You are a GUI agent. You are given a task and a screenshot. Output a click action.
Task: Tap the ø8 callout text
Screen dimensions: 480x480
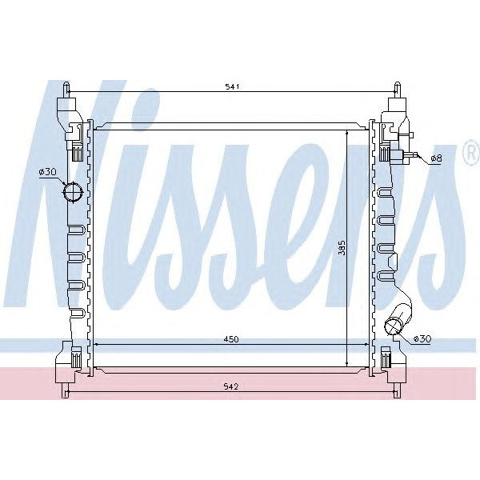coord(436,158)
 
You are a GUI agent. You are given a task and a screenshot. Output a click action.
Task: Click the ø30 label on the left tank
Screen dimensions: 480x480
coord(46,172)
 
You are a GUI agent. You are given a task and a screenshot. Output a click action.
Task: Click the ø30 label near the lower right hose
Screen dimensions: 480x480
coord(422,339)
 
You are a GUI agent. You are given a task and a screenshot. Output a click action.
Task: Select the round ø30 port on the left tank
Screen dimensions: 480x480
coord(73,194)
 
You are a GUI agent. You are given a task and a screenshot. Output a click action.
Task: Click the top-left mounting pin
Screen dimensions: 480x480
coord(68,88)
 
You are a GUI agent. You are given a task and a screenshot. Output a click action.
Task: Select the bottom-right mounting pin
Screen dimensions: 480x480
coord(398,390)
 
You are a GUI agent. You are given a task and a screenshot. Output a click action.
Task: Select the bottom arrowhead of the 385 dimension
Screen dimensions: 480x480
coord(346,363)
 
